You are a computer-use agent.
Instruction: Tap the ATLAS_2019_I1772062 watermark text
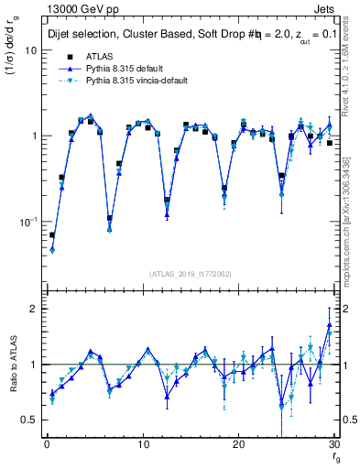(x=190, y=274)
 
